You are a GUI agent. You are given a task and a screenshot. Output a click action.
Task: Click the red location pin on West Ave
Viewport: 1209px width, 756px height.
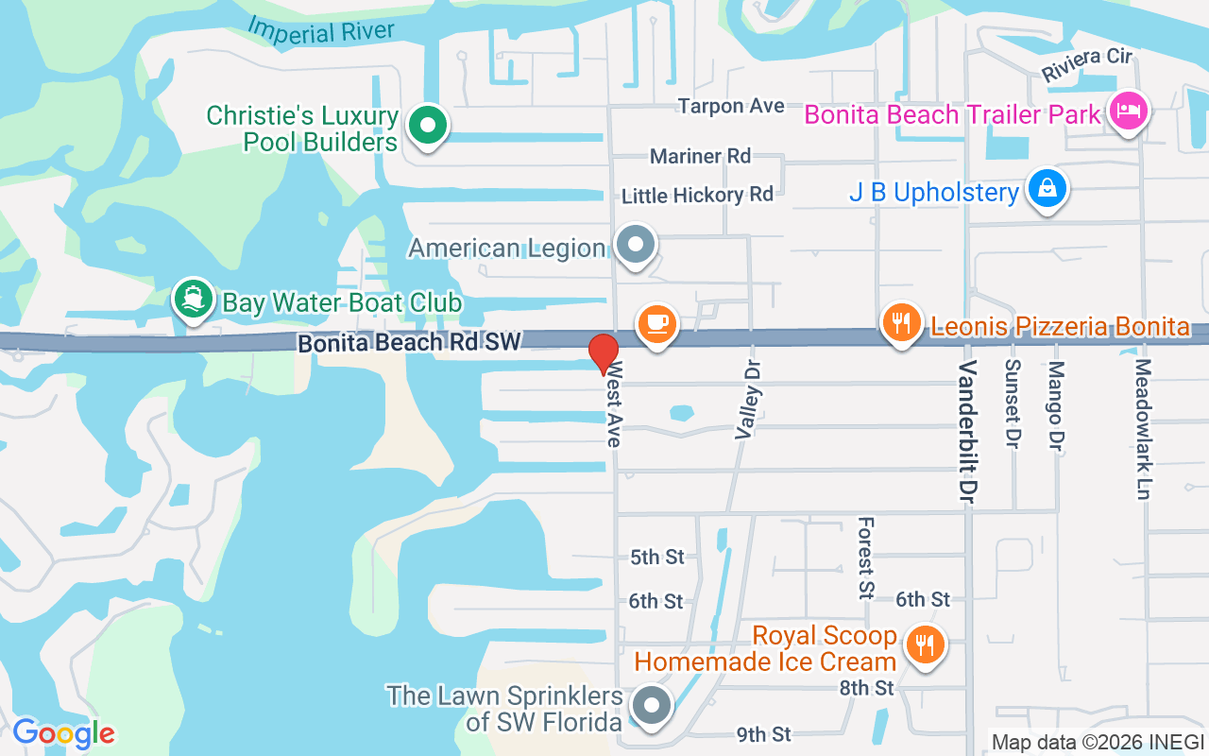point(604,352)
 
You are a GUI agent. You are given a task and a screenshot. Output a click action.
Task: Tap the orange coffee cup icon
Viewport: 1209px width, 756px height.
point(657,323)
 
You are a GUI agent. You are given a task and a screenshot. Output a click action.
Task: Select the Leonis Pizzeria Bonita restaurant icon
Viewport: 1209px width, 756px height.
point(902,323)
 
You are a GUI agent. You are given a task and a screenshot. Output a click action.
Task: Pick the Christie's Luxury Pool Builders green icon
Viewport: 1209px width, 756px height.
point(428,126)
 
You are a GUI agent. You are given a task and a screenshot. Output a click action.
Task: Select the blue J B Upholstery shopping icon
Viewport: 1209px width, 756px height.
point(1047,189)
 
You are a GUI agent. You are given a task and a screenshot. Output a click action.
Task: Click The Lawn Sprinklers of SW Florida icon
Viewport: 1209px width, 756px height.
point(651,706)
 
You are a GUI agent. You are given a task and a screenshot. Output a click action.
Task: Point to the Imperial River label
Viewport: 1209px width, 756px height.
point(321,29)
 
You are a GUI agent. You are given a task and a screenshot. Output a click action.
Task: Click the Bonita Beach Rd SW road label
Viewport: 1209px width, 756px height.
point(409,342)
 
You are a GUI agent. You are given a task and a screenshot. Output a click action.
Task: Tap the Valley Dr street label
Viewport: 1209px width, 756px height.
point(748,398)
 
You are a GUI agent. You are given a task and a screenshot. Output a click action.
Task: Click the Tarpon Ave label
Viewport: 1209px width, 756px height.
point(731,106)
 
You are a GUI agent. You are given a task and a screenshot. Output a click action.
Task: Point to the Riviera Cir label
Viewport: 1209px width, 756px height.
point(1086,63)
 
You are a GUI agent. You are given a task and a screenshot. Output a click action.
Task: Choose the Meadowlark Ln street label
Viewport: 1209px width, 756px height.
point(1143,428)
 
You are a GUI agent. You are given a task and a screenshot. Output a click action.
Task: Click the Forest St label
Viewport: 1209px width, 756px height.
point(865,558)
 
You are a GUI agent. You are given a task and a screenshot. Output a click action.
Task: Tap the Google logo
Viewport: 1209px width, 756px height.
point(63,733)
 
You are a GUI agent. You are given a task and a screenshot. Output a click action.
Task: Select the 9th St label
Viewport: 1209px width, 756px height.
point(763,734)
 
